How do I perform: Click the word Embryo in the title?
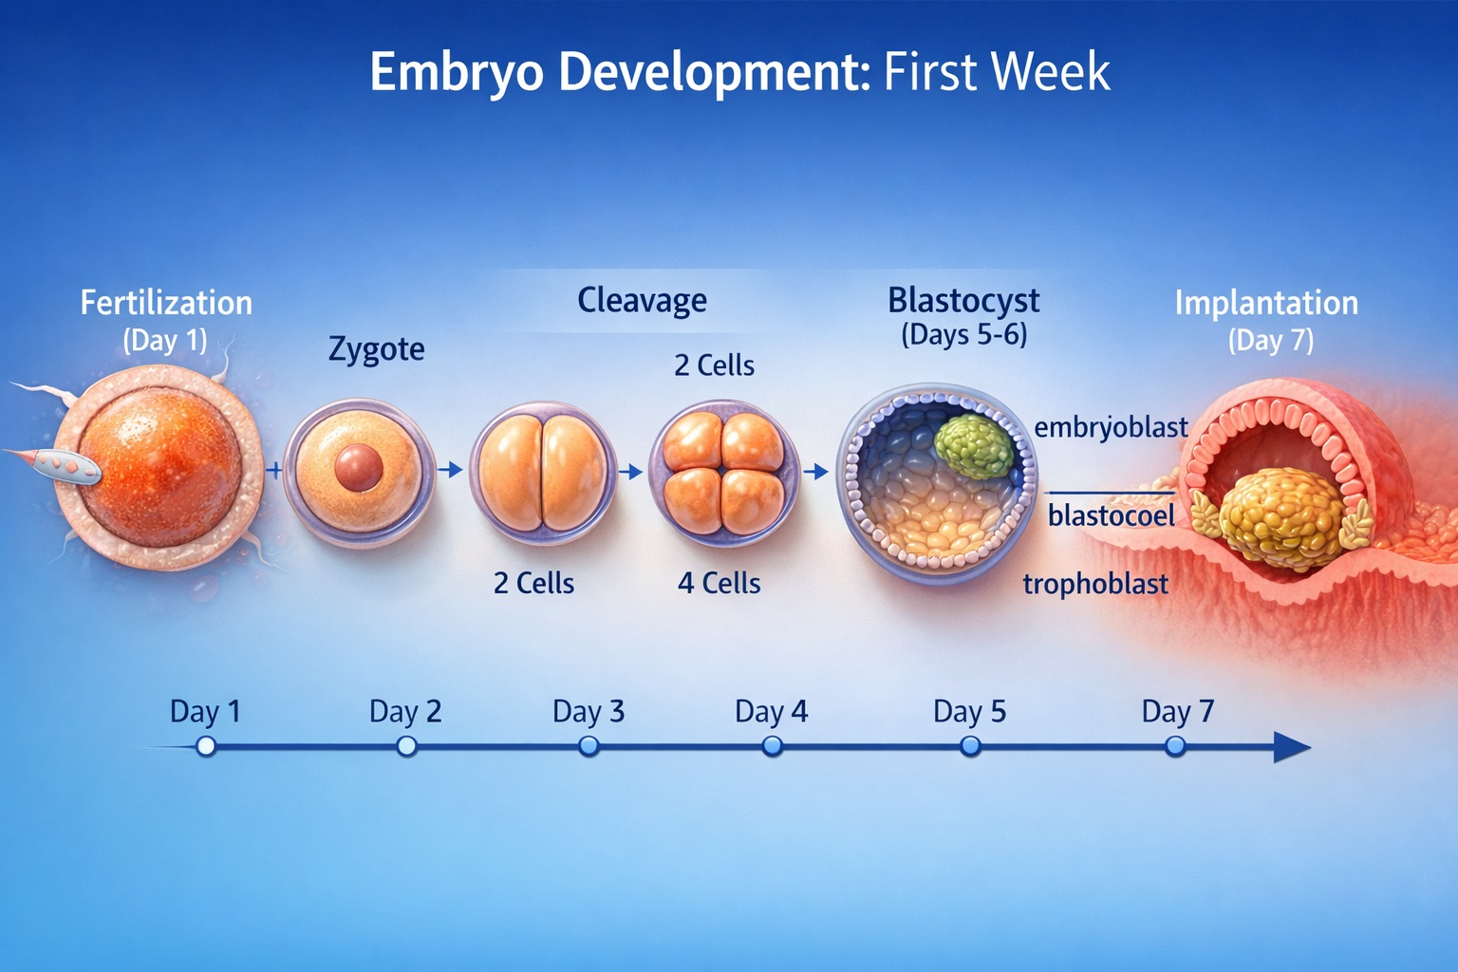pyautogui.click(x=457, y=73)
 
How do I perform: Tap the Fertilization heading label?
pyautogui.click(x=166, y=304)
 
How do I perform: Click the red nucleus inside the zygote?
pyautogui.click(x=358, y=467)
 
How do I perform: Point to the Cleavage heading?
pyautogui.click(x=642, y=301)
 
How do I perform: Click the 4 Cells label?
pyautogui.click(x=719, y=583)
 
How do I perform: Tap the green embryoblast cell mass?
pyautogui.click(x=975, y=447)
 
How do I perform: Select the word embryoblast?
pyautogui.click(x=1112, y=428)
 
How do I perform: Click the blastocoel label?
pyautogui.click(x=1112, y=515)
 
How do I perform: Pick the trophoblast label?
pyautogui.click(x=1095, y=584)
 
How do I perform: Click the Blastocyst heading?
pyautogui.click(x=963, y=301)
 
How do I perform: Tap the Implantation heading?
pyautogui.click(x=1266, y=304)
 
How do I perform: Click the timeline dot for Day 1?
pyautogui.click(x=206, y=746)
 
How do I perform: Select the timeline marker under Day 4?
pyautogui.click(x=772, y=746)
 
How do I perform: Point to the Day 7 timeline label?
pyautogui.click(x=1177, y=712)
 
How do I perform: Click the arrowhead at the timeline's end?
pyautogui.click(x=1291, y=747)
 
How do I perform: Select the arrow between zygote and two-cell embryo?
pyautogui.click(x=450, y=469)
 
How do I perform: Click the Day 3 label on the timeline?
pyautogui.click(x=589, y=712)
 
